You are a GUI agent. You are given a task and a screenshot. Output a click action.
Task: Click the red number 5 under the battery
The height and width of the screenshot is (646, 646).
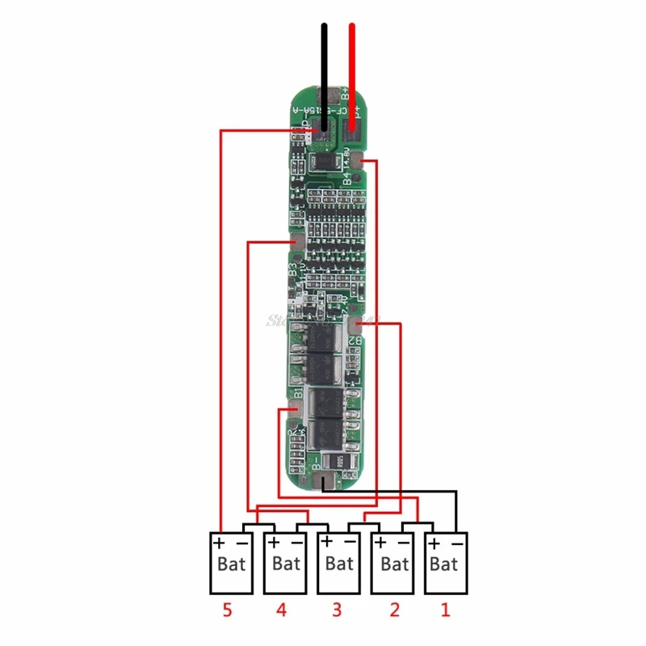[227, 611]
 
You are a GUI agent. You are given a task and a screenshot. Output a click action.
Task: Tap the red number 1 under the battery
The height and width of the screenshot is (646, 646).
[445, 611]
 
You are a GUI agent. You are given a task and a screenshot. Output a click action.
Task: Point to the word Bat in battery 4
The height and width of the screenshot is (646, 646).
[286, 564]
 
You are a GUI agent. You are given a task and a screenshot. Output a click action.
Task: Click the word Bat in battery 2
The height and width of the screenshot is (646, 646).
[395, 564]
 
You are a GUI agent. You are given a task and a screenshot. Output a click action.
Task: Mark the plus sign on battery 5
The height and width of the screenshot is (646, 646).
[218, 543]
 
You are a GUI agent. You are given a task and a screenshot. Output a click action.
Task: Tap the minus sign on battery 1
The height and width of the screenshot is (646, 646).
[457, 543]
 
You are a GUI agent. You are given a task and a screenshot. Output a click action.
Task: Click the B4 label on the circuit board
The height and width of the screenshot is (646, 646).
[346, 178]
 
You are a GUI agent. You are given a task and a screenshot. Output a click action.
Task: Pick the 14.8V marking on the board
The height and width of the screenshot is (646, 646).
[346, 157]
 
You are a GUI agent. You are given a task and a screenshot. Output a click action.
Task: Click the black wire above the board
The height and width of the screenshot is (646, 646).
[325, 65]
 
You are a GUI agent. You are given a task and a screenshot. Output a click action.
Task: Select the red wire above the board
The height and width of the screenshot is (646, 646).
[352, 65]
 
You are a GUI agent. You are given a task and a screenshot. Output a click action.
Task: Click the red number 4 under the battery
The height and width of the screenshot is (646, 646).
[281, 611]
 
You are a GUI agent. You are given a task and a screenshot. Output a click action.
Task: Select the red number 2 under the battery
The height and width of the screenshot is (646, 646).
[394, 611]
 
